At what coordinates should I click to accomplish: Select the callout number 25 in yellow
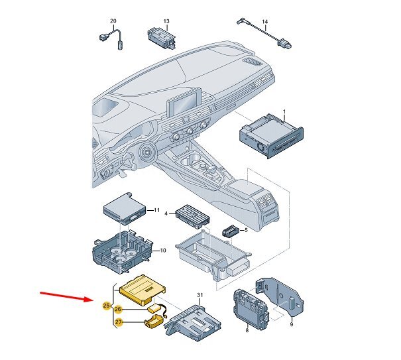tap(107, 306)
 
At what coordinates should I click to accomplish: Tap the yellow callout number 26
tap(118, 309)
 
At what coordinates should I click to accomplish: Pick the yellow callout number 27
tap(119, 323)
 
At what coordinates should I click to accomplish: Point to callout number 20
tap(112, 22)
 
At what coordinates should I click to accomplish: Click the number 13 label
tap(166, 22)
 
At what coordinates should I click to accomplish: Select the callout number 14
tap(265, 22)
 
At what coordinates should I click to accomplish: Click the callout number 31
tap(200, 294)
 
